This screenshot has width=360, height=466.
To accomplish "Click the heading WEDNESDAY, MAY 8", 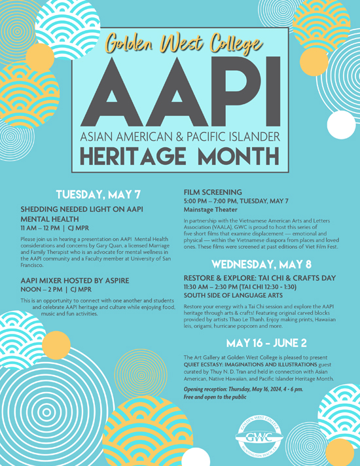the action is pos(266,265).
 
